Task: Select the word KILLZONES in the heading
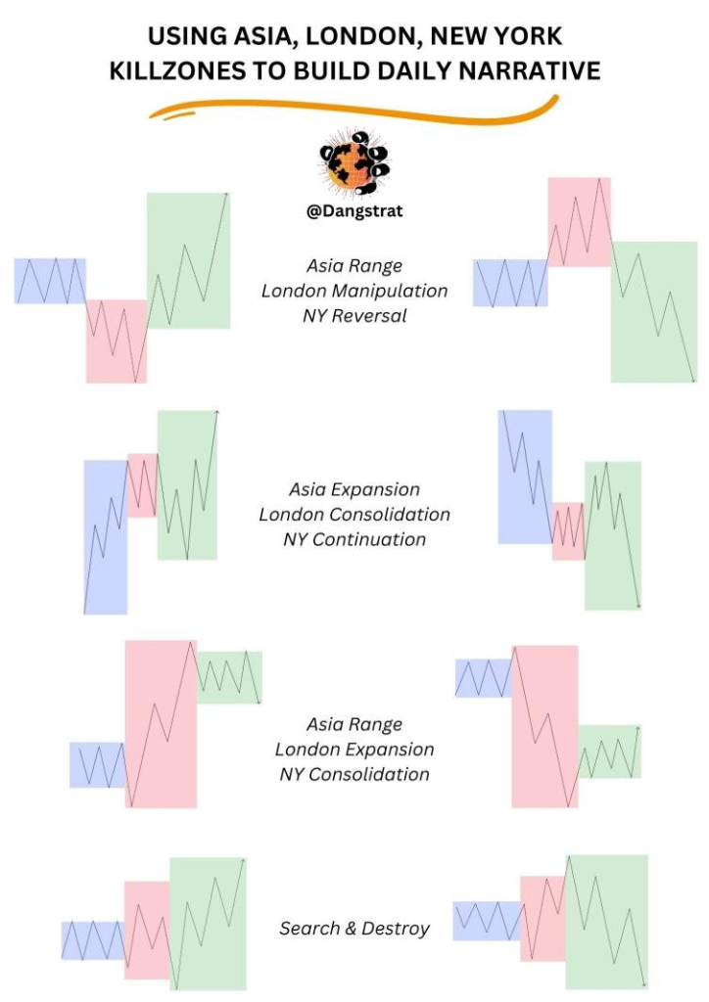(x=177, y=70)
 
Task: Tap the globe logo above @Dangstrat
(x=354, y=161)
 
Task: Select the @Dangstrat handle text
(x=354, y=211)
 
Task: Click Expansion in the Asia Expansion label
(x=380, y=490)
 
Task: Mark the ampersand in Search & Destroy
(x=351, y=929)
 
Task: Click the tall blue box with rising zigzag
(x=106, y=537)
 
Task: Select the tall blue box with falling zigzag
(x=525, y=477)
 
